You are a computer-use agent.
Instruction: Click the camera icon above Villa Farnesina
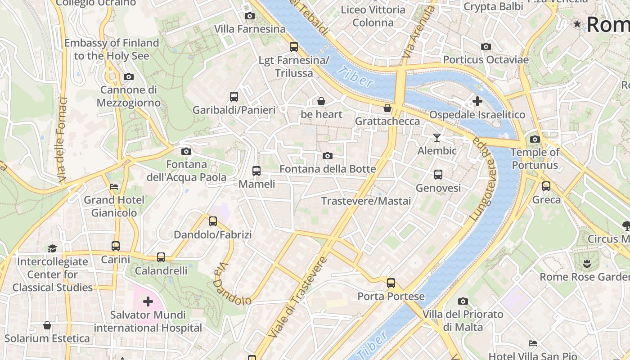point(249,16)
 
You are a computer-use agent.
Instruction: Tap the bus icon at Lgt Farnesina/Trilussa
point(294,46)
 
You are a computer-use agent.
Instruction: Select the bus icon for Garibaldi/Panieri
point(234,96)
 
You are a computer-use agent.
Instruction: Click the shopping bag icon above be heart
point(321,101)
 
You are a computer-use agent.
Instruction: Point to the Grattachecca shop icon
point(387,108)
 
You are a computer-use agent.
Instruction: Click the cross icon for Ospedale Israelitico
point(477,101)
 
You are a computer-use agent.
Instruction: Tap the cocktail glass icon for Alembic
point(436,137)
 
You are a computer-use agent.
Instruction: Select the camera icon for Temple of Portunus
point(535,139)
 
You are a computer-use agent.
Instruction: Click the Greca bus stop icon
point(546,186)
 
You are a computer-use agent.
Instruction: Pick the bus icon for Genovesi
point(438,175)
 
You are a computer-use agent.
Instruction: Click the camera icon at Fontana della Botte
point(328,156)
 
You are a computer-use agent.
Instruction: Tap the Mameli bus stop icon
point(256,171)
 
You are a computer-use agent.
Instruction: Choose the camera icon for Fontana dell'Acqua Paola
point(186,151)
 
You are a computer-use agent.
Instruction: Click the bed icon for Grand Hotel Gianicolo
point(114,186)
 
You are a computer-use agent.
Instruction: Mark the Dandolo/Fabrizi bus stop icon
point(213,221)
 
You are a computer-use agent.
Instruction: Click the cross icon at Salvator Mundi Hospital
point(148,301)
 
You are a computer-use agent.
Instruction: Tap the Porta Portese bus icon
point(391,283)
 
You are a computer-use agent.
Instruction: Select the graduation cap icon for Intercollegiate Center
point(53,248)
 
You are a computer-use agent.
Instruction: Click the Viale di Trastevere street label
point(297,297)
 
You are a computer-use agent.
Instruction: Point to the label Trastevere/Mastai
point(366,201)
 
